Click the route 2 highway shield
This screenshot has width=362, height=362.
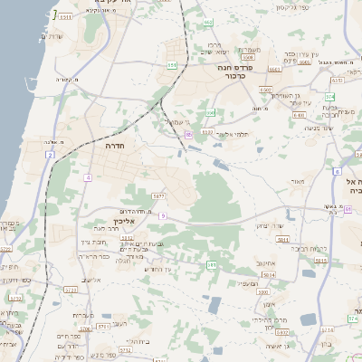coord(52,156)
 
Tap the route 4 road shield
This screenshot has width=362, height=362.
coord(88,177)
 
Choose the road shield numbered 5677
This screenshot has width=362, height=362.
coord(157,195)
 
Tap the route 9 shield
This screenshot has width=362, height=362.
coord(163,215)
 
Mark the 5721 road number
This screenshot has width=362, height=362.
coord(71,290)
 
